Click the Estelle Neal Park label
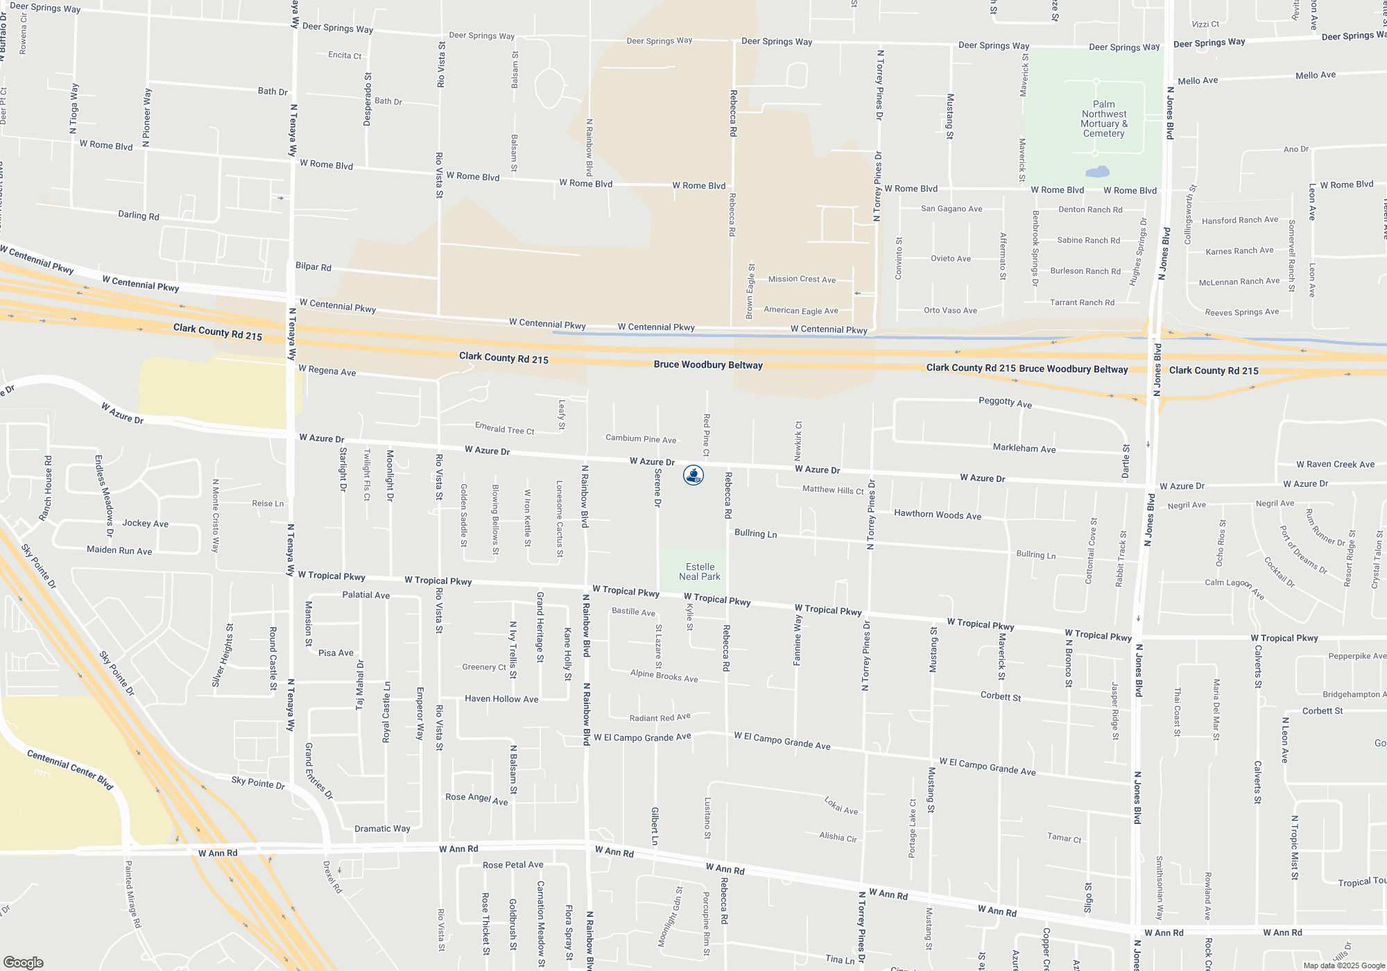[x=699, y=572]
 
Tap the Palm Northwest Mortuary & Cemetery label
[x=1104, y=119]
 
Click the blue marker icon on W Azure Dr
[x=693, y=475]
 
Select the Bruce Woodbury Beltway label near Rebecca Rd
[x=708, y=365]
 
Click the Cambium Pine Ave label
[x=641, y=439]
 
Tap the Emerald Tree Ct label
[x=504, y=429]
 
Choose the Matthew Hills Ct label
[x=833, y=490]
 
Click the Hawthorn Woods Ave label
[x=938, y=515]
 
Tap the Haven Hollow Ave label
[x=501, y=699]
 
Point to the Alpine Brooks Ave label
[x=664, y=676]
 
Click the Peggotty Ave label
[x=1005, y=402]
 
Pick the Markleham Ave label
[x=1024, y=449]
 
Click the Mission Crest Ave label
[x=802, y=279]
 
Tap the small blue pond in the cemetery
[x=1097, y=171]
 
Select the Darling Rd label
[x=139, y=216]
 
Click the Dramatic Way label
[x=382, y=829]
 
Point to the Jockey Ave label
[x=145, y=524]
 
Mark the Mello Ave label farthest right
[x=1315, y=76]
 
